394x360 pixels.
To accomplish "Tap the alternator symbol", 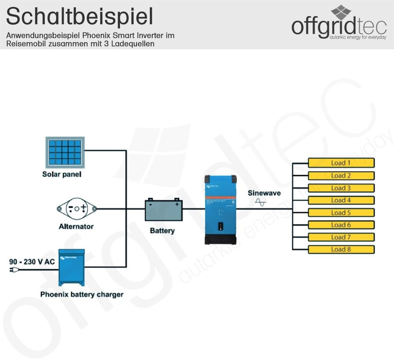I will coord(77,208).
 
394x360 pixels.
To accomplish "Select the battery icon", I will coord(163,210).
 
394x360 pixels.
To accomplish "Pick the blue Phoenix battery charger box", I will coord(71,267).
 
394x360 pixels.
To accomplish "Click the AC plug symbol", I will coord(12,270).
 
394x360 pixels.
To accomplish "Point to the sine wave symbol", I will coord(260,202).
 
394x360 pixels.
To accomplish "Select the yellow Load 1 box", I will coord(341,163).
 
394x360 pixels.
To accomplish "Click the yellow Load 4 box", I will coord(341,200).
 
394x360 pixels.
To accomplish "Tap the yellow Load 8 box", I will coord(341,249).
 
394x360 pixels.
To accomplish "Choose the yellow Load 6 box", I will coord(341,225).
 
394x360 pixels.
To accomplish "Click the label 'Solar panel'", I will coord(62,174).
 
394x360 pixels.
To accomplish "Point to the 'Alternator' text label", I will coord(76,226).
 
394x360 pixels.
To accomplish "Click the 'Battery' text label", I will coord(162,231).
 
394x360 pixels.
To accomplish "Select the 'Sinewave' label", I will coord(264,193).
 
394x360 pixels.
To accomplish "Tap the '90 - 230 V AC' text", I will coord(32,262).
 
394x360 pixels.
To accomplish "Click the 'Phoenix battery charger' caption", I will coord(82,295).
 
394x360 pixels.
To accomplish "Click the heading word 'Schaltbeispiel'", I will coord(80,17).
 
